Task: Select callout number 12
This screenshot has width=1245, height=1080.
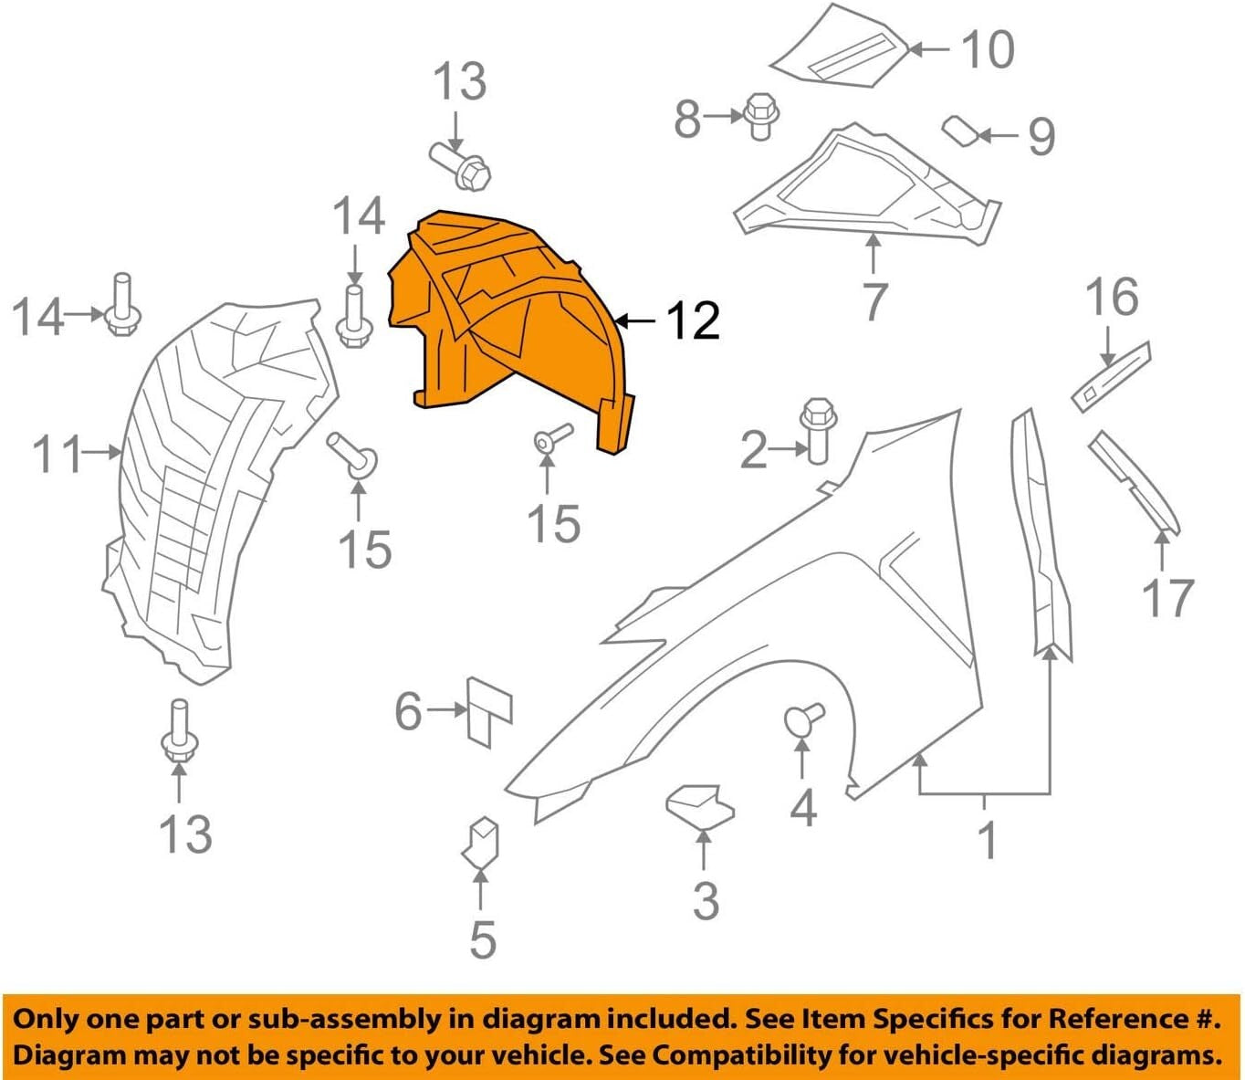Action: tap(694, 321)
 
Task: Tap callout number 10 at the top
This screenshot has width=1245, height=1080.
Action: tap(988, 49)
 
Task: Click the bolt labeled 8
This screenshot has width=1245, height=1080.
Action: tap(759, 115)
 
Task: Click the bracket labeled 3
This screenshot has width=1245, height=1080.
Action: tap(701, 807)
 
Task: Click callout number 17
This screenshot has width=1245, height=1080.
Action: tap(1167, 598)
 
